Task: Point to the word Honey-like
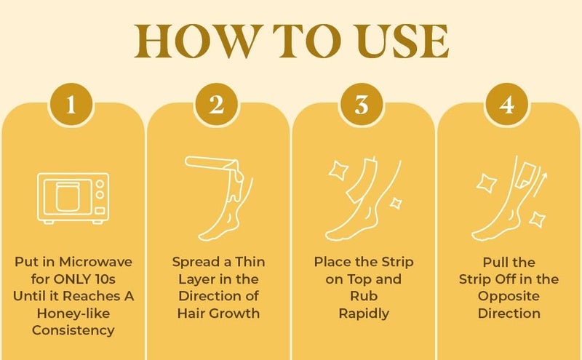coord(71,314)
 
